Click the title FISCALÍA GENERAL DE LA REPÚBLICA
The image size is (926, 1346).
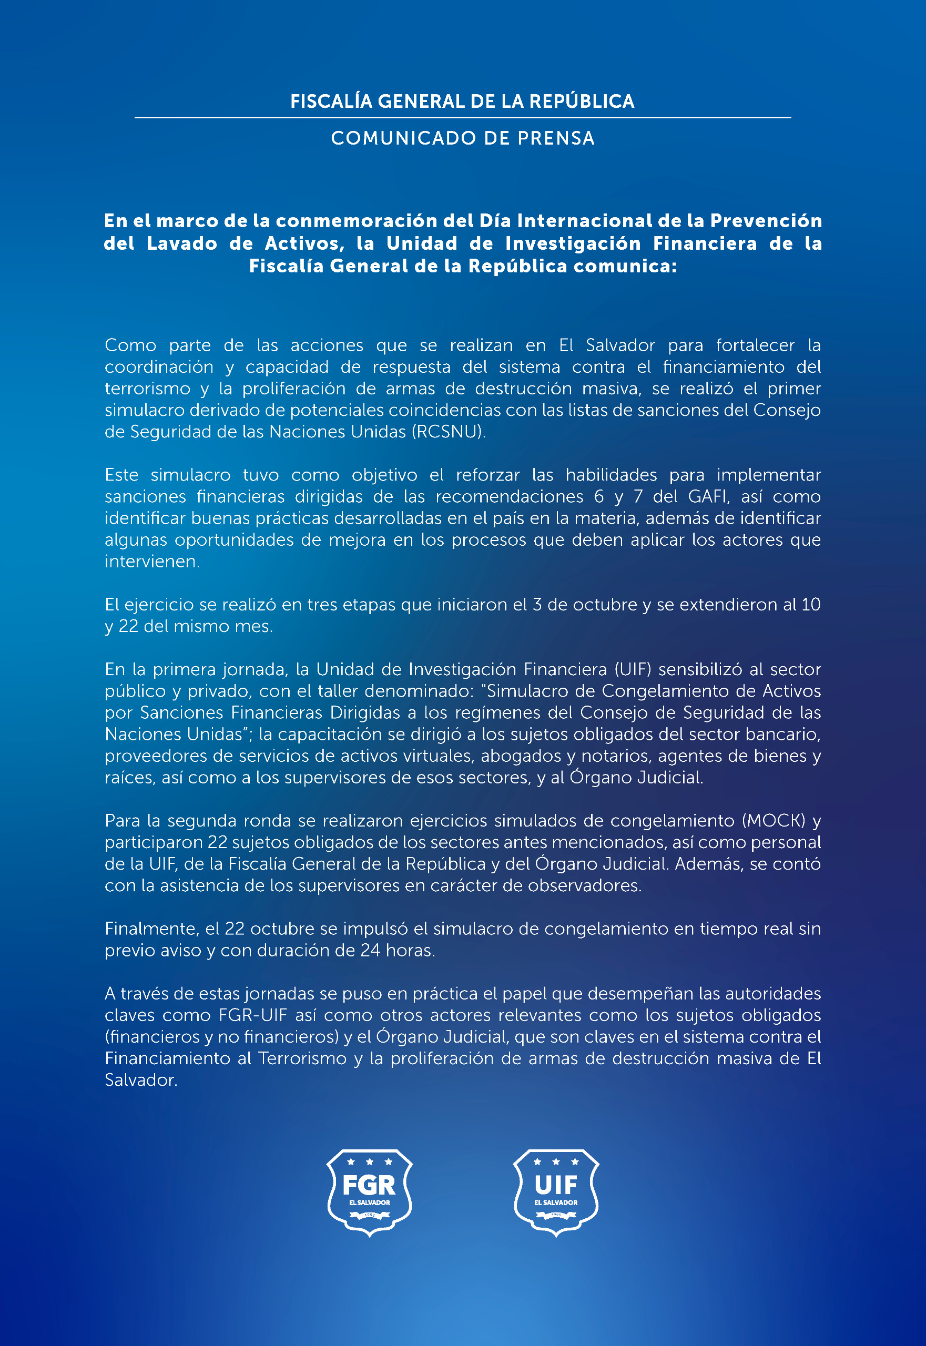click(462, 101)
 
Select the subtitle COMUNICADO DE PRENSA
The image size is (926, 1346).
click(462, 138)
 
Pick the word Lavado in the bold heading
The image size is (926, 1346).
click(182, 243)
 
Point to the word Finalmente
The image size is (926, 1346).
click(151, 929)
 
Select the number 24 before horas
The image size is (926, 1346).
click(370, 950)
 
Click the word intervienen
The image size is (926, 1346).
click(151, 562)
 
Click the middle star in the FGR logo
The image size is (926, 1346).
click(370, 1162)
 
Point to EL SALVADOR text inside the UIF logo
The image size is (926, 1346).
click(556, 1202)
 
